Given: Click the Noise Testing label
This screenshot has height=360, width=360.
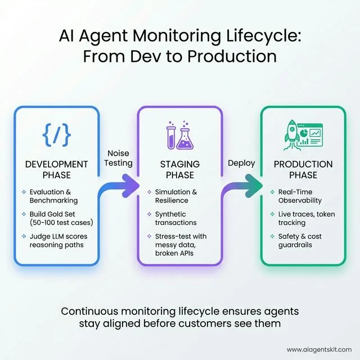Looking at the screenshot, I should pos(119,157).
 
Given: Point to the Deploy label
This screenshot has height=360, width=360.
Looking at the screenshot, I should pos(241,163).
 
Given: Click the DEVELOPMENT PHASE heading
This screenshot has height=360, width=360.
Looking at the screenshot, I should pos(57,169).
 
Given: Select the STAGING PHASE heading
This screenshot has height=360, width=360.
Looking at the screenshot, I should pos(179,169).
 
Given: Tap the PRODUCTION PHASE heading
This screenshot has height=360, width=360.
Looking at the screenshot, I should pos(303,169).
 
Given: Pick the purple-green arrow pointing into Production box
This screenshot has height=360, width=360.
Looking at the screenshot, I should pos(242,186).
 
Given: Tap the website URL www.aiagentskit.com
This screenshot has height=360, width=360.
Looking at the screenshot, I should pos(319,349).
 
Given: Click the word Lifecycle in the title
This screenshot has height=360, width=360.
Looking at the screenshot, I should pos(267,35).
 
